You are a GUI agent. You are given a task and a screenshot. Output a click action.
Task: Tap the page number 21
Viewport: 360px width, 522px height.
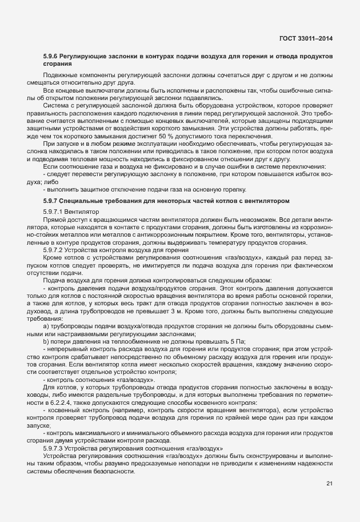pos(329,484)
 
